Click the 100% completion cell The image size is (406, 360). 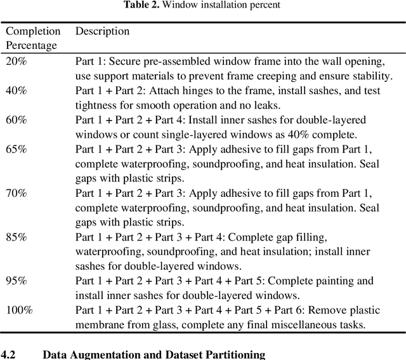(19, 310)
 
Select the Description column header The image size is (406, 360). (102, 31)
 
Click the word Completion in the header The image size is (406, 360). (33, 31)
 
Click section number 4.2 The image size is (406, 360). (9, 355)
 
